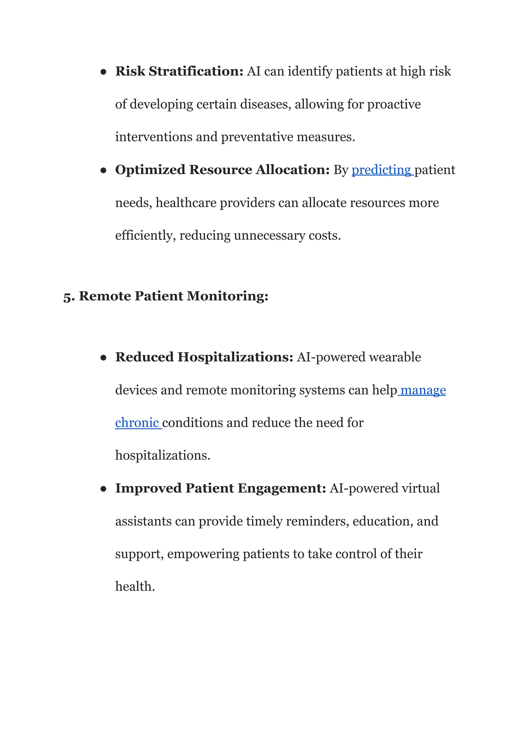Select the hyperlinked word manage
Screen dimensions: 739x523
[423, 390]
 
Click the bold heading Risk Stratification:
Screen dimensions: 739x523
[179, 71]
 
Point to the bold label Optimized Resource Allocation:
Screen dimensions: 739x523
[222, 170]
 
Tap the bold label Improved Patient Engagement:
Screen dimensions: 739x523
[221, 488]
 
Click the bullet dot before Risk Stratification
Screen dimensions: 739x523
[103, 72]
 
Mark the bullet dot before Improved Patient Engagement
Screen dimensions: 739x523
[103, 489]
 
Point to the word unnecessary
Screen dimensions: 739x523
[270, 236]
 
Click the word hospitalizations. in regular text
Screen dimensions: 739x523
[163, 455]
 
